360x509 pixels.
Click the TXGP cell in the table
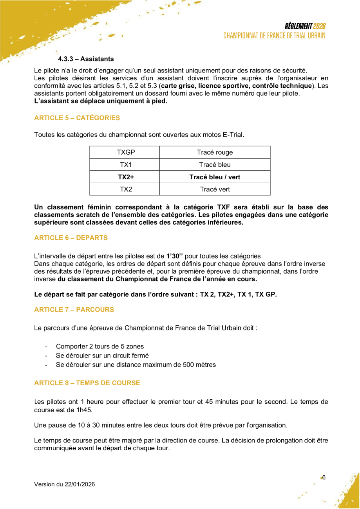coord(125,152)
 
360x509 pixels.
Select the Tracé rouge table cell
coord(215,152)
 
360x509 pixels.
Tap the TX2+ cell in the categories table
coord(125,177)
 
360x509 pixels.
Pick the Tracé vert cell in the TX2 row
coord(215,189)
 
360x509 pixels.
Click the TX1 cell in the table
coord(125,164)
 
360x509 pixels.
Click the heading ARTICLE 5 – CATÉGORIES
coord(77,118)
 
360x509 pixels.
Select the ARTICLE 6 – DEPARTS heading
coord(71,238)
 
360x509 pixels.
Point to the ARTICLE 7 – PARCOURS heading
coord(74,309)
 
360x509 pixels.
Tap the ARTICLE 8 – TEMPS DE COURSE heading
coord(87,383)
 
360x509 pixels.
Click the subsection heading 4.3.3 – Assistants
coord(86,59)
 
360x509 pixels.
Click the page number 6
coord(324,477)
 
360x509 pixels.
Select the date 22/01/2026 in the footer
coord(80,484)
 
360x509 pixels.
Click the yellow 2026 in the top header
coord(319,26)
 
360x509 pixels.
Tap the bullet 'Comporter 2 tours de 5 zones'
coord(100,347)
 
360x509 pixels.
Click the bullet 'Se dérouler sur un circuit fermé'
coord(102,356)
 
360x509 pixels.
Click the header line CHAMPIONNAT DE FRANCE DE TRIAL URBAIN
coord(275,36)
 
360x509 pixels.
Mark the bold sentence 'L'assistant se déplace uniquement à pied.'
coord(101,101)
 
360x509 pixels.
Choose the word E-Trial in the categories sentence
coord(233,135)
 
